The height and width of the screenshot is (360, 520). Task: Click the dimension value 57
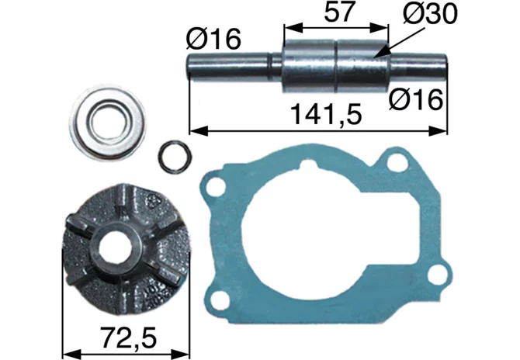(338, 12)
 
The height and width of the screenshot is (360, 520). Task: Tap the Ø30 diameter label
(431, 14)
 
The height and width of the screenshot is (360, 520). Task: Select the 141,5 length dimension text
(326, 114)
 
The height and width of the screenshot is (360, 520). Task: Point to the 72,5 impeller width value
(128, 338)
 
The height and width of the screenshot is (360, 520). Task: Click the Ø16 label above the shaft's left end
(213, 39)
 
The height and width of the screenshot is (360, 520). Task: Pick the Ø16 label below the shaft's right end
(416, 100)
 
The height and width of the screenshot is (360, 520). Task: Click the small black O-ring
(175, 157)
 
